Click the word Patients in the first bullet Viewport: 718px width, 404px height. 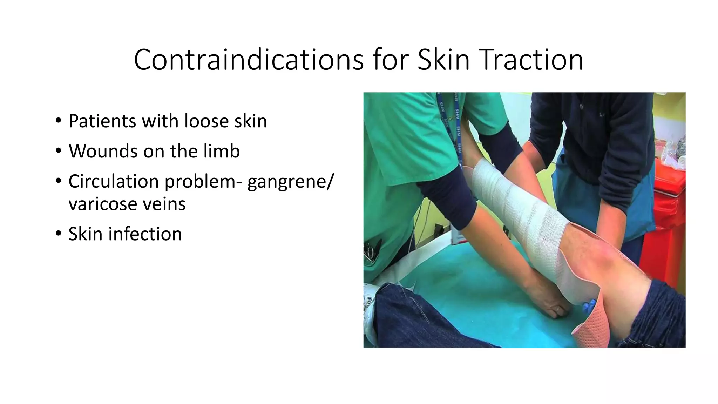(x=102, y=121)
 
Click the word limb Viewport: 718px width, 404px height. (x=222, y=151)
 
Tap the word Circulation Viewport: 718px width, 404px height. (x=114, y=181)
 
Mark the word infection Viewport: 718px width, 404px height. (x=145, y=234)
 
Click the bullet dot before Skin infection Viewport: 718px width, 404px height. (x=58, y=234)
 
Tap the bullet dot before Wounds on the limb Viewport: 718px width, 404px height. (x=58, y=151)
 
